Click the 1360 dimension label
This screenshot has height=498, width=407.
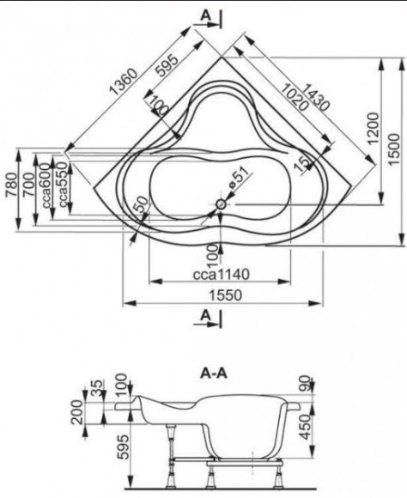123,82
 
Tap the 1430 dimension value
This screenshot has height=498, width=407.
314,97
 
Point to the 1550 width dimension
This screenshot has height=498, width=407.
225,295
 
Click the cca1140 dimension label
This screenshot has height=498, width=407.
222,275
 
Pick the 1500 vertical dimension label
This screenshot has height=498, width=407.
394,149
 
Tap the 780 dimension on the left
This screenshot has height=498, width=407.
12,185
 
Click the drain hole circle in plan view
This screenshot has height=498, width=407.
221,204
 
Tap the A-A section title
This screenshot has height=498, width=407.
214,373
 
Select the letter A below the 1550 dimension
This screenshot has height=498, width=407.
207,315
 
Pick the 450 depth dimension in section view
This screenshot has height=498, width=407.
307,426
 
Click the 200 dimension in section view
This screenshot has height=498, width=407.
76,412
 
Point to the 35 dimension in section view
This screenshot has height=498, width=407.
98,387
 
